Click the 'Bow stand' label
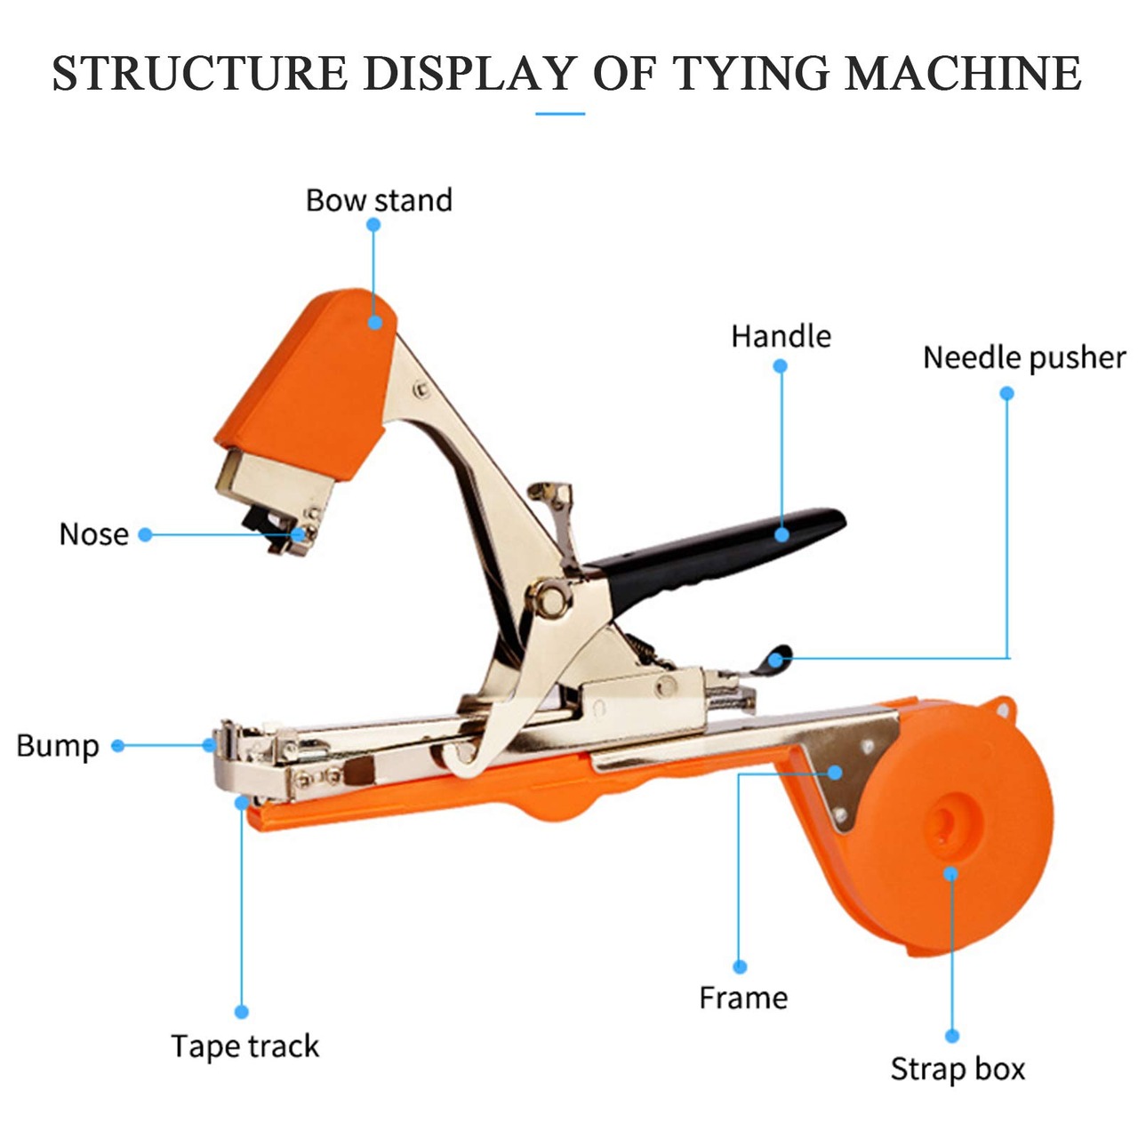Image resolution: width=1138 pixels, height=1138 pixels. coord(379,200)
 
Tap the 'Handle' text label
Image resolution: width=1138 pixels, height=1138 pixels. coord(781,336)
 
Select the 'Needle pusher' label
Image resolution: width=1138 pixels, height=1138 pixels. coord(1024,358)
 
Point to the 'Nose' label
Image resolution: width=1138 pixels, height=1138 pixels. coord(94,534)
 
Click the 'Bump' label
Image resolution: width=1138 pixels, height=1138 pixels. coord(58,747)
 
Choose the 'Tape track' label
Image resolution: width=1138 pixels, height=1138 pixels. coord(245,1046)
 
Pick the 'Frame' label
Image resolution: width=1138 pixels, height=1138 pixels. coord(743,998)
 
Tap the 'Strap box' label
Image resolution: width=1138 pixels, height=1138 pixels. coord(958,1069)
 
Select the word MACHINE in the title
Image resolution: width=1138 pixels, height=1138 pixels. coord(963,73)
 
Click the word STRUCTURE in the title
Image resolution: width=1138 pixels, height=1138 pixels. coord(200,73)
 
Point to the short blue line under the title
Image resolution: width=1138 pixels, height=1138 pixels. coord(560,114)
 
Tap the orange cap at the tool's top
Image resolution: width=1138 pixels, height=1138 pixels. coord(307,384)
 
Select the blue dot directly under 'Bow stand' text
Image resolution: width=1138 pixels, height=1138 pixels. coord(373,225)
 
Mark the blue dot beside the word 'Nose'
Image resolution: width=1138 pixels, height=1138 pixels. coord(145,535)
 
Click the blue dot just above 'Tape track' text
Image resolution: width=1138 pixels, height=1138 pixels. coord(242,1012)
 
